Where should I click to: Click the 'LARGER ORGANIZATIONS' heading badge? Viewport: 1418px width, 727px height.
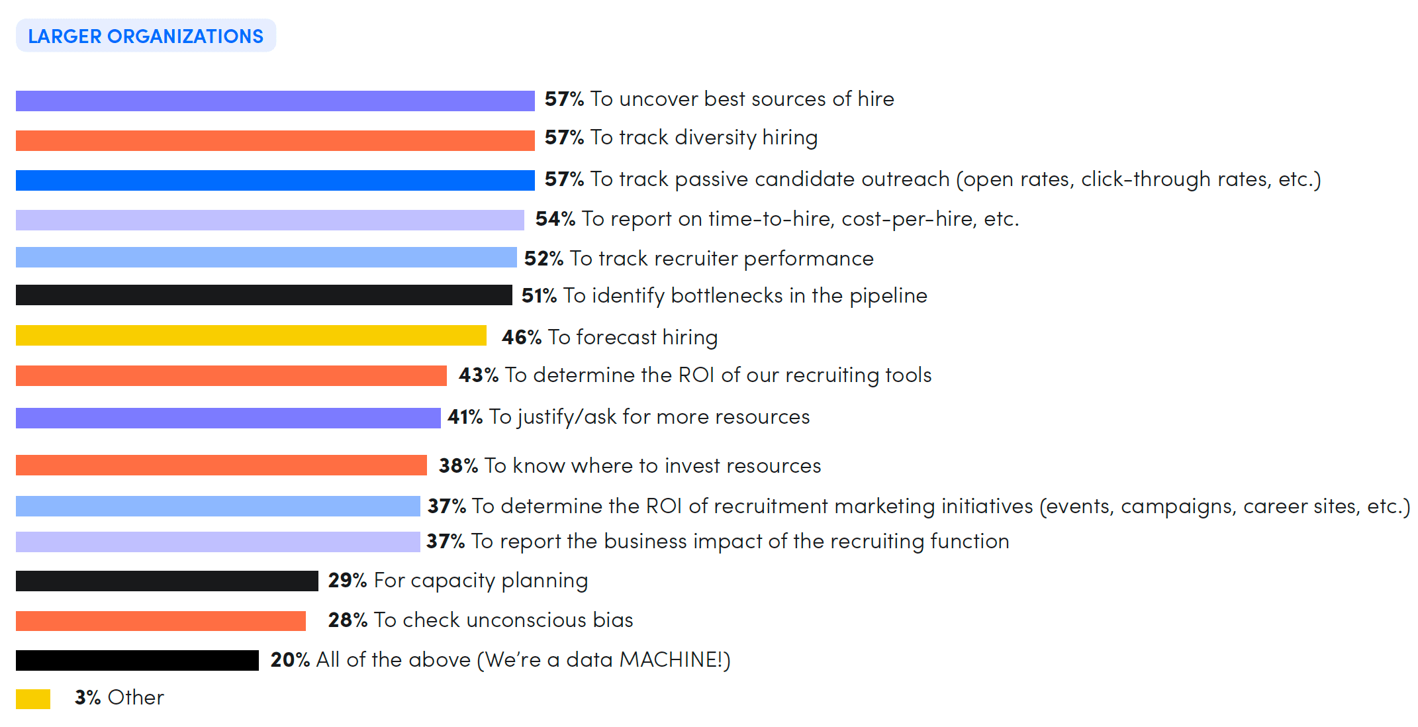(146, 36)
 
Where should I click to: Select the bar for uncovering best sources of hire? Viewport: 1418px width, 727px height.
(275, 101)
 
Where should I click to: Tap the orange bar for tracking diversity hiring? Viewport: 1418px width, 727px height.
(275, 140)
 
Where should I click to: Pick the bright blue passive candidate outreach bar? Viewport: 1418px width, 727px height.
(275, 180)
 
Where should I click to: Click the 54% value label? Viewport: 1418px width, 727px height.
(555, 218)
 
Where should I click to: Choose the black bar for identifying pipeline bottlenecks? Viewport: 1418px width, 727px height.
(263, 295)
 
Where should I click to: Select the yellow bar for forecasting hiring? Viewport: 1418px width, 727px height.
(251, 336)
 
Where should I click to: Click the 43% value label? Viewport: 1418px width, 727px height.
(478, 375)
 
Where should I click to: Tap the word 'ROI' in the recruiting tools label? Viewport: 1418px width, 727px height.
(696, 375)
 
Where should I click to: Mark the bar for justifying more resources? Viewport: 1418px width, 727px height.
(228, 418)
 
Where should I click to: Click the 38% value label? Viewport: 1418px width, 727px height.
(458, 465)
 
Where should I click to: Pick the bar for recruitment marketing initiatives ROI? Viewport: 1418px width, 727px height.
(218, 506)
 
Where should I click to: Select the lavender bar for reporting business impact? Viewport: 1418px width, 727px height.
(218, 542)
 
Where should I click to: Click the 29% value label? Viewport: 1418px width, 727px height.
(347, 581)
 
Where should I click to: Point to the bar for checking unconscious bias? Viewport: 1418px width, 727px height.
(161, 621)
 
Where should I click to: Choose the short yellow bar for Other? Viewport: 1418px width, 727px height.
(33, 699)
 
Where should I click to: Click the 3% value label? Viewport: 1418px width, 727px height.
(87, 697)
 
